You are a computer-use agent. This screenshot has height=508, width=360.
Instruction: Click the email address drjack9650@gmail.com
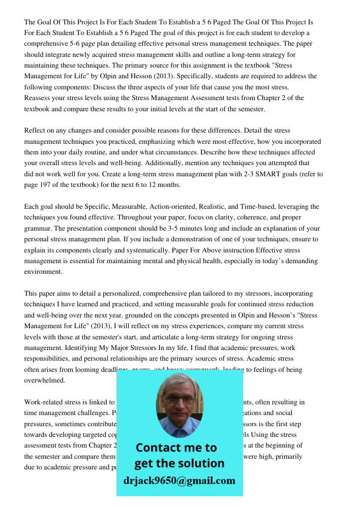tap(179, 481)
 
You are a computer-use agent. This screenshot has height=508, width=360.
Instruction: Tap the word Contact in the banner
tap(157, 448)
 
